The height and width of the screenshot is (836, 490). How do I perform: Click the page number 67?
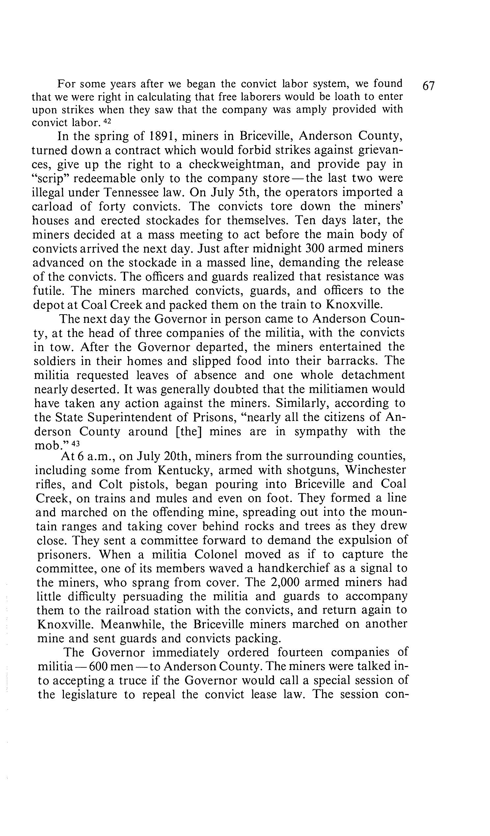pos(428,86)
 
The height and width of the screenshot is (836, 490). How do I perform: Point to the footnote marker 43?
pos(76,443)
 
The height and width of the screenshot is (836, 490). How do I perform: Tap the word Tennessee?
pos(150,192)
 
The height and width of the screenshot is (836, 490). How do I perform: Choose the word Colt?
pos(112,484)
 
